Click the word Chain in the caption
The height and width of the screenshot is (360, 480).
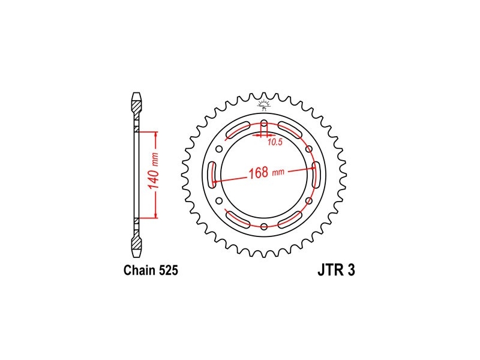[140, 270]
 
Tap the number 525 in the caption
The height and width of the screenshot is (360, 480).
[169, 270]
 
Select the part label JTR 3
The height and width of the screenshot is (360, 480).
[336, 270]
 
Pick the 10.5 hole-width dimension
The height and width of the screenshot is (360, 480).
[275, 142]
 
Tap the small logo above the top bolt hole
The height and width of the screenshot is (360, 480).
[264, 104]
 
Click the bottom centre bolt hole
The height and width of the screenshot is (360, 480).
[264, 227]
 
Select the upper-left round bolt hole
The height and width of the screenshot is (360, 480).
[219, 149]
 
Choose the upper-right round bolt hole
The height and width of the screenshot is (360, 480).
[309, 149]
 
